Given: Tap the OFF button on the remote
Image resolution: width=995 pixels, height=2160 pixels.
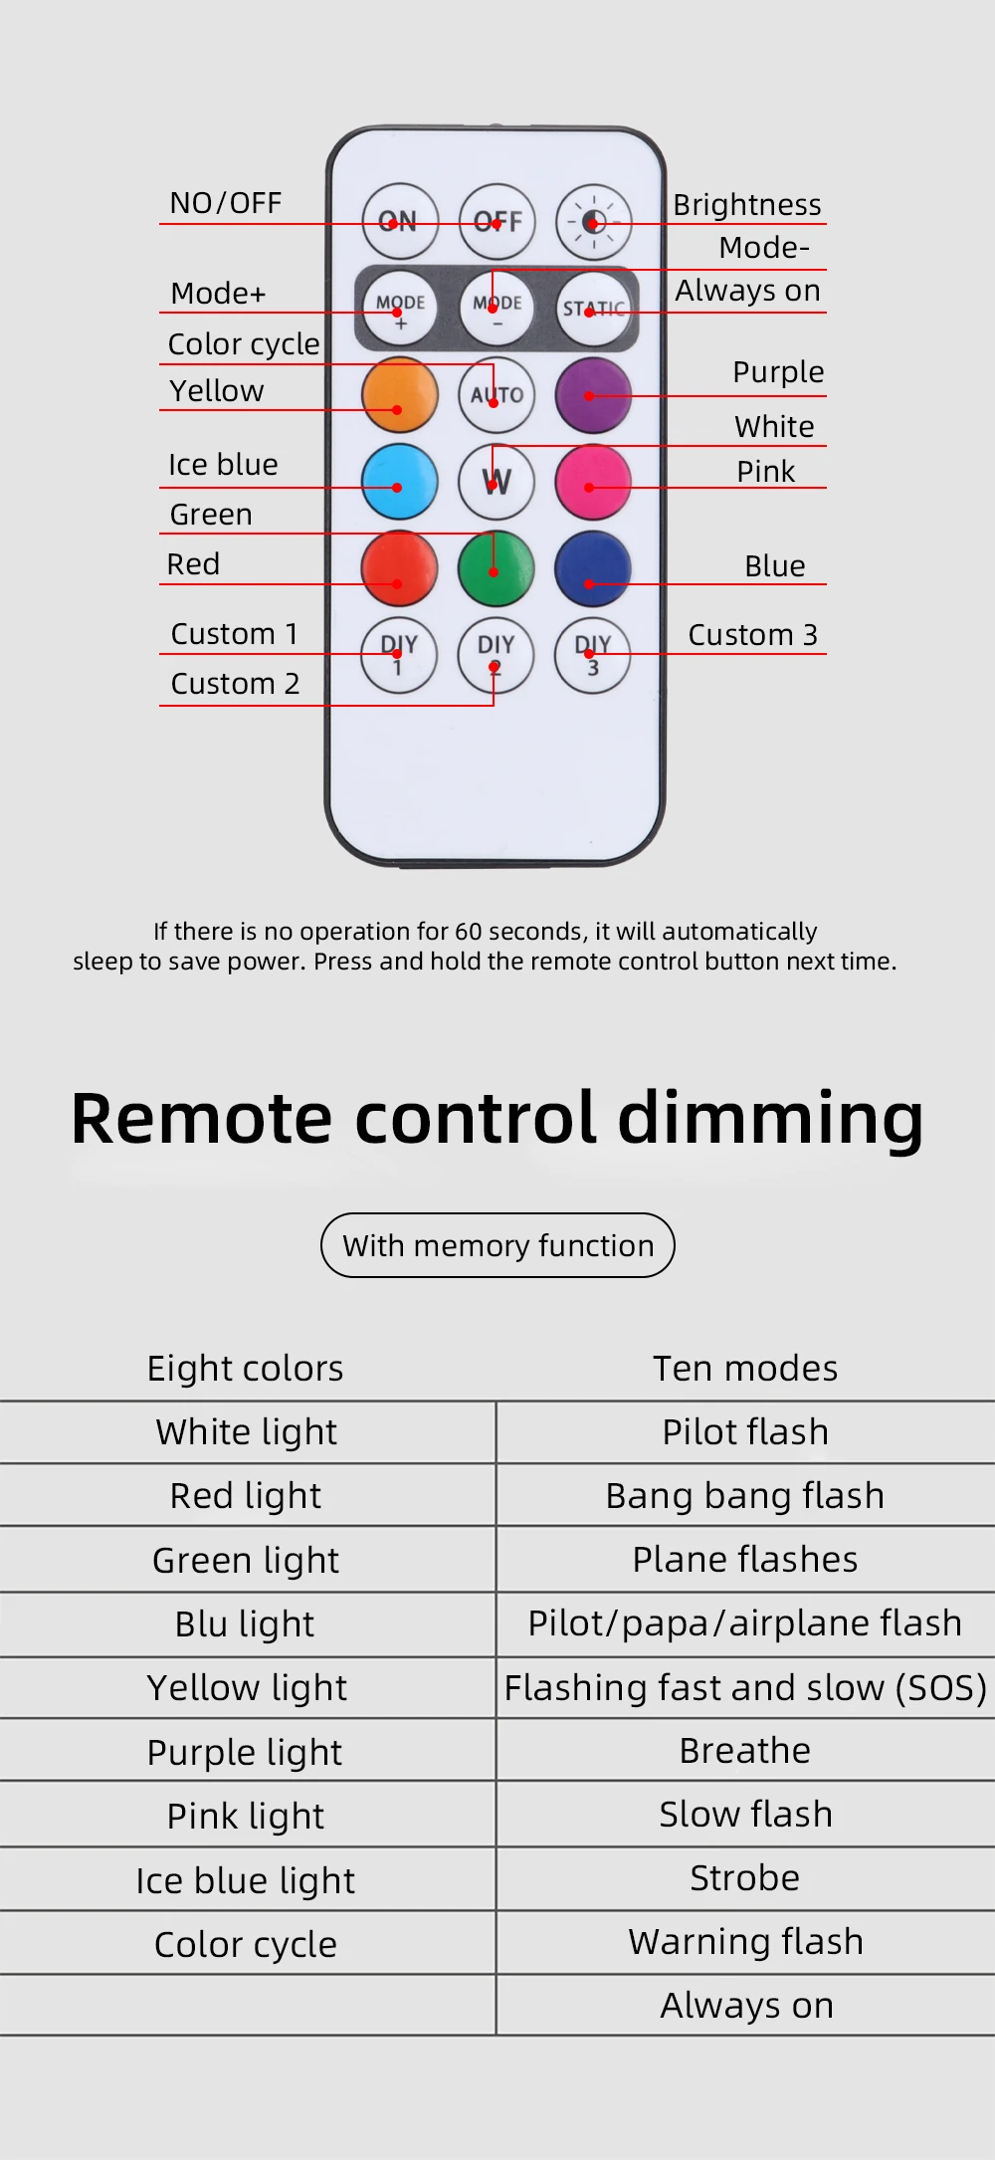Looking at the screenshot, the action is pyautogui.click(x=497, y=221).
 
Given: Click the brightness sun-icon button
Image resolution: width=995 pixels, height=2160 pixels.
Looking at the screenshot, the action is pyautogui.click(x=593, y=221).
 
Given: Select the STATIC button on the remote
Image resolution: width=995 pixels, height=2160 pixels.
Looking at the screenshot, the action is pyautogui.click(x=593, y=308).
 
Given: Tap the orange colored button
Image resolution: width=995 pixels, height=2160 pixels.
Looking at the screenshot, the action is pyautogui.click(x=400, y=395).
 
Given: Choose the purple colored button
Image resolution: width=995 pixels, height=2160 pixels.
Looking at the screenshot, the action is pyautogui.click(x=593, y=395).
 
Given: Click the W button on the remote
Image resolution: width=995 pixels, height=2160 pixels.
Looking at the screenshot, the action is pyautogui.click(x=497, y=482).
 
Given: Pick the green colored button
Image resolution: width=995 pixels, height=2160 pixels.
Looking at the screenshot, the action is pyautogui.click(x=496, y=568).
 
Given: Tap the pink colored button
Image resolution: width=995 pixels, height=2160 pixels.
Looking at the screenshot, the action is pyautogui.click(x=593, y=482).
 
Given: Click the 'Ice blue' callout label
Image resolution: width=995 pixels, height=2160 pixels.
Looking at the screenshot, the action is pyautogui.click(x=223, y=465).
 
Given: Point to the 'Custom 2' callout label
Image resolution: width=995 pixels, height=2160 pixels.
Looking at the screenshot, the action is pyautogui.click(x=235, y=684).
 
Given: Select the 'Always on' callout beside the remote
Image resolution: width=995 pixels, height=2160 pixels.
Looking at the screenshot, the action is pyautogui.click(x=748, y=291).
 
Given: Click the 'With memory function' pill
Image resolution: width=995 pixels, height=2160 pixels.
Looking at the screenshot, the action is pyautogui.click(x=497, y=1245).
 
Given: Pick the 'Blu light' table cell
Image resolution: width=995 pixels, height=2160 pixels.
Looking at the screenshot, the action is pyautogui.click(x=245, y=1623).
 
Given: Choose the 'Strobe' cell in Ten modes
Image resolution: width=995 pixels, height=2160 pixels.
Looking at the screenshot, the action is pyautogui.click(x=745, y=1877).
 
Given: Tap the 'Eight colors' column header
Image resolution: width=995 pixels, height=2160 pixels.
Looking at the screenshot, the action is pyautogui.click(x=245, y=1369).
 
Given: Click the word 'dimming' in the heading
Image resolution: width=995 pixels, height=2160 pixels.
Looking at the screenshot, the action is pyautogui.click(x=771, y=1119).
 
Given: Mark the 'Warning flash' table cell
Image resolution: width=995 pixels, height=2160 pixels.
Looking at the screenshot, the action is pyautogui.click(x=745, y=1941).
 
